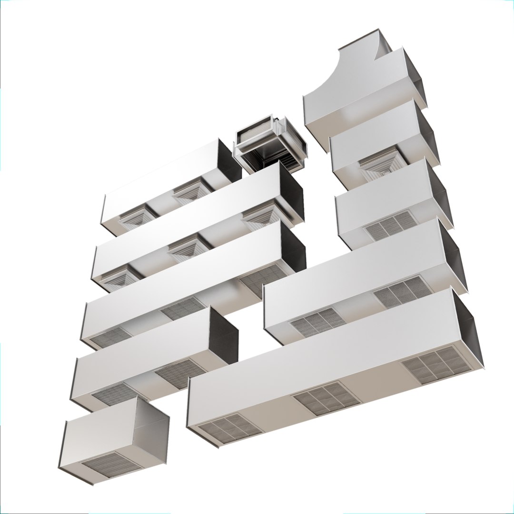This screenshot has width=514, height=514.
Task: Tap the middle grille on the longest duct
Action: pos(326,398)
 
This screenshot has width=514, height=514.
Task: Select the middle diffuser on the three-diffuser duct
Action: pos(189,247)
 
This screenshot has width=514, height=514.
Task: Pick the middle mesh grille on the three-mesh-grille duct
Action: pos(183,308)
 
